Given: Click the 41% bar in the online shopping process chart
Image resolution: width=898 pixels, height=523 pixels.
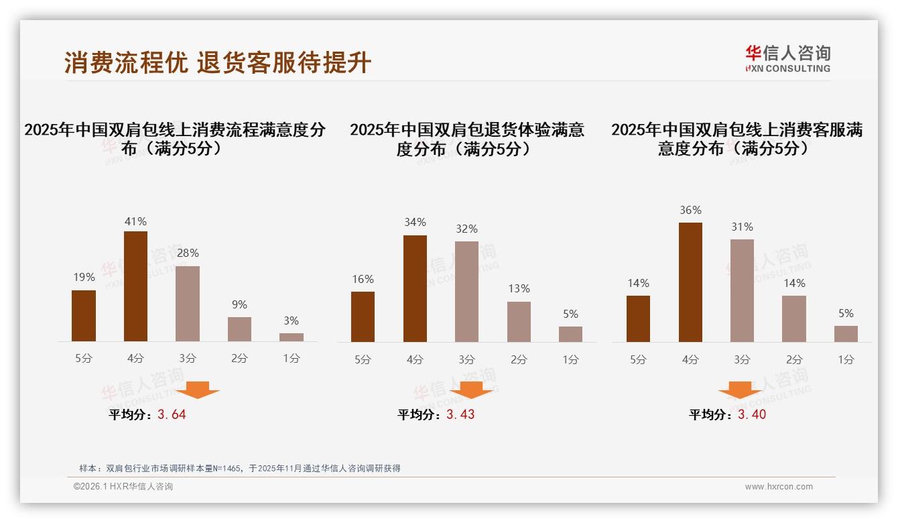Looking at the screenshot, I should [x=135, y=286].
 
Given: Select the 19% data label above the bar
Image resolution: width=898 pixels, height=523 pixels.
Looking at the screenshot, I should [x=84, y=277].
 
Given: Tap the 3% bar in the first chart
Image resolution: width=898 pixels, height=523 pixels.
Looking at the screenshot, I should [x=291, y=337].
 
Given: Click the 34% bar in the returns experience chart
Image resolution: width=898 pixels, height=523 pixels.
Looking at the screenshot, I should [x=415, y=288].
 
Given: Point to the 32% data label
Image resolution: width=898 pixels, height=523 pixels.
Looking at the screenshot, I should [x=466, y=229].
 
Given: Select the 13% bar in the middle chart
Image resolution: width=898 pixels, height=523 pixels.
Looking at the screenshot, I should [x=519, y=322].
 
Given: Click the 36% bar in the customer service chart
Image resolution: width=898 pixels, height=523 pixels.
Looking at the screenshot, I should [x=690, y=282].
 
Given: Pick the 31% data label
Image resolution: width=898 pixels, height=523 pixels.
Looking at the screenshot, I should [x=742, y=227].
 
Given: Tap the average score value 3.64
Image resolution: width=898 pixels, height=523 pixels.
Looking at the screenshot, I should [x=172, y=414].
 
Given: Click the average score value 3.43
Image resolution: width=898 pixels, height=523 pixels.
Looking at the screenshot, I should [x=460, y=414].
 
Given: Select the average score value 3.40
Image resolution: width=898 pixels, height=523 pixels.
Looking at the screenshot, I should [x=752, y=414].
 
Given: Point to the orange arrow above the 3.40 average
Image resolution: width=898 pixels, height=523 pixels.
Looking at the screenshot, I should [x=740, y=390].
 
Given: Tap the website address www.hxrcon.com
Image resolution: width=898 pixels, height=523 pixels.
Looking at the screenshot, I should [x=779, y=487].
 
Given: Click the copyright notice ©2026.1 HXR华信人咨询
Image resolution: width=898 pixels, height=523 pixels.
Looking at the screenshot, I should [x=123, y=487].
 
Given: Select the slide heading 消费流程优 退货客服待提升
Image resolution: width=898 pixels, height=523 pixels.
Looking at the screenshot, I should [x=218, y=62].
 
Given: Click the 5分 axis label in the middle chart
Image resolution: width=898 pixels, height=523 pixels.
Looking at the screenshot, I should [x=363, y=359].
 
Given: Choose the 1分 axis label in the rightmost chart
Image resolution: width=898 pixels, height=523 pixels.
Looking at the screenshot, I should [x=846, y=359].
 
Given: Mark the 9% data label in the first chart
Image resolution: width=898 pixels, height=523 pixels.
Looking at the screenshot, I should [x=239, y=304].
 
